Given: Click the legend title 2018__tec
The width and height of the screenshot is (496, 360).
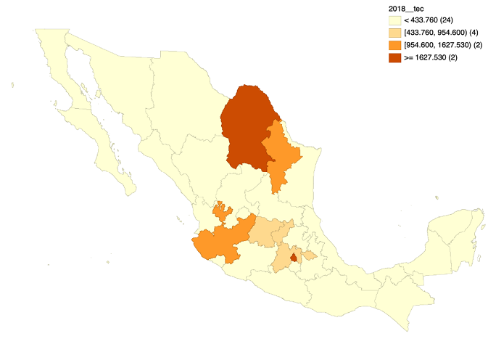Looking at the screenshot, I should pyautogui.click(x=407, y=8).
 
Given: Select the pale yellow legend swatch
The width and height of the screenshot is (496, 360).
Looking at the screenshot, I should pyautogui.click(x=394, y=20).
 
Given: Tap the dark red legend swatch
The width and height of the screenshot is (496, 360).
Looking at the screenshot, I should pyautogui.click(x=394, y=57).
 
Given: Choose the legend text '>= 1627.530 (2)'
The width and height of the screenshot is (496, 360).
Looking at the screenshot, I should pyautogui.click(x=433, y=57).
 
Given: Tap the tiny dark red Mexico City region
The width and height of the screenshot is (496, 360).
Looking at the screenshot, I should pyautogui.click(x=294, y=257).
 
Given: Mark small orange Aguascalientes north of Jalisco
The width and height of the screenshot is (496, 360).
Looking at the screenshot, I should pyautogui.click(x=223, y=213).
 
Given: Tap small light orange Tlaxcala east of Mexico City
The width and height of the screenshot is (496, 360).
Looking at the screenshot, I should pyautogui.click(x=310, y=255).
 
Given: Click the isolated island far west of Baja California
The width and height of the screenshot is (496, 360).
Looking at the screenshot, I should pyautogui.click(x=13, y=86).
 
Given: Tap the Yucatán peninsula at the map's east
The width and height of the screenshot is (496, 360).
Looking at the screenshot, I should pyautogui.click(x=453, y=232).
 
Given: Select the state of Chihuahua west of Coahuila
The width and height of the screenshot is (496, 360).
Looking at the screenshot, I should pyautogui.click(x=181, y=109).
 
